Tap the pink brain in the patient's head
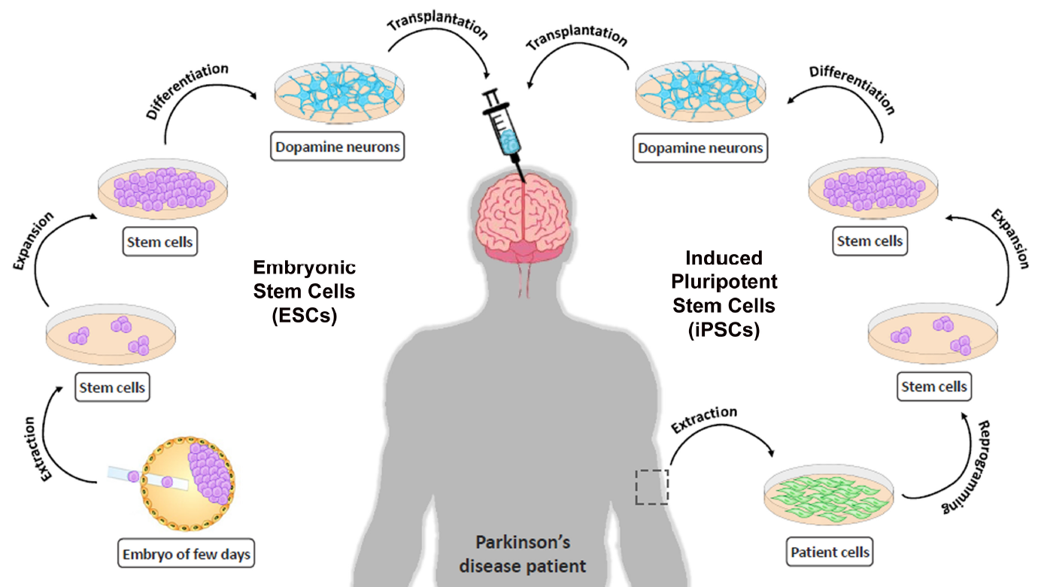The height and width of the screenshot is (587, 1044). pyautogui.click(x=520, y=217)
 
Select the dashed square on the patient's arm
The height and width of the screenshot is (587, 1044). pyautogui.click(x=651, y=487)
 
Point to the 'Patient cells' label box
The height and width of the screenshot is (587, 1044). pyautogui.click(x=830, y=552)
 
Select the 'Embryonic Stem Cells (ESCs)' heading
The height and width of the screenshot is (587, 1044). pyautogui.click(x=304, y=292)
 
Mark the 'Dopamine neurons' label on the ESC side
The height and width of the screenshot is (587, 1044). pyautogui.click(x=338, y=147)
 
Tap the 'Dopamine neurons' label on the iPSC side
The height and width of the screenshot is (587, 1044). pyautogui.click(x=700, y=148)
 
